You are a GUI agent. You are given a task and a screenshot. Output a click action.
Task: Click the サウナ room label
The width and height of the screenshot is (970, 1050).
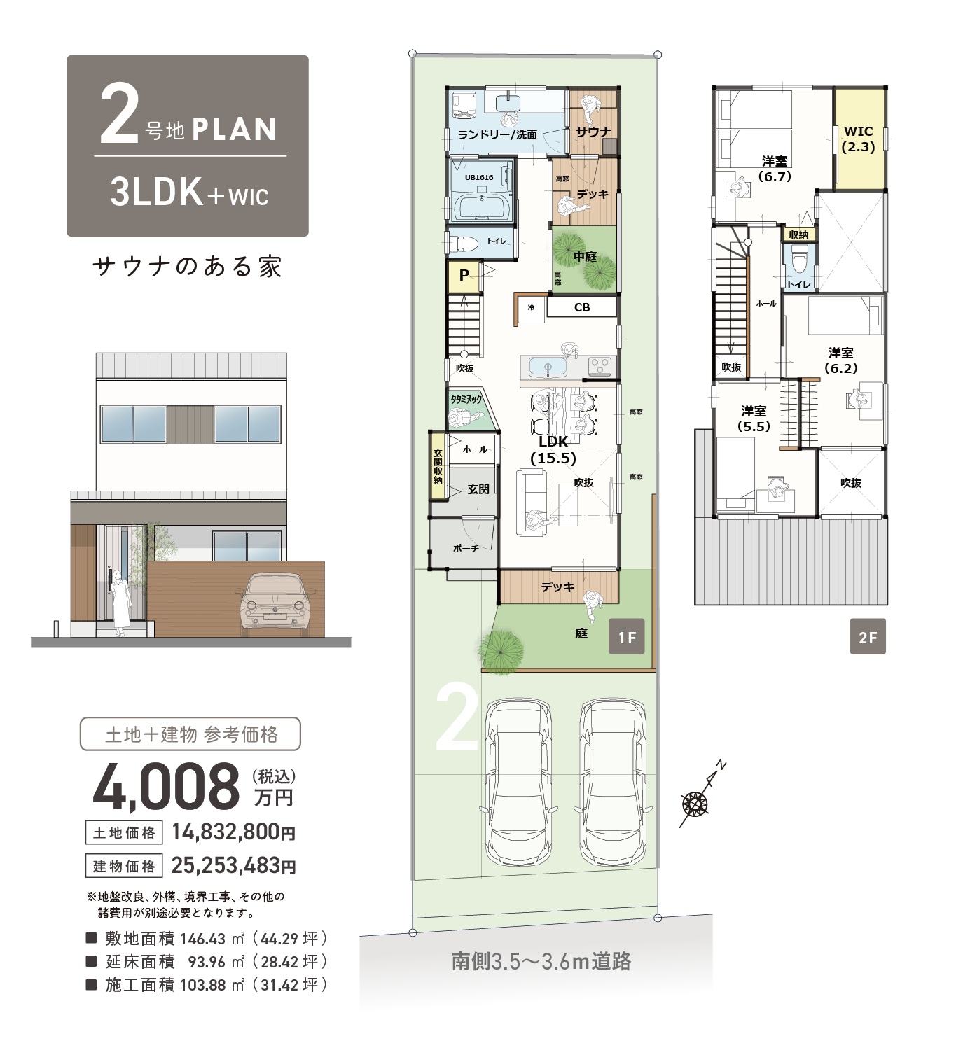593,132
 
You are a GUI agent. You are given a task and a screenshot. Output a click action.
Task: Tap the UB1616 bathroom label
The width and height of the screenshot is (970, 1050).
479,177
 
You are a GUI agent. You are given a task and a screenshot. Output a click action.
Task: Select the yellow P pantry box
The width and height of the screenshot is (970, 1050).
464,276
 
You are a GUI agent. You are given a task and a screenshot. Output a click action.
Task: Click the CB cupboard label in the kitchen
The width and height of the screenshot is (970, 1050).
581,308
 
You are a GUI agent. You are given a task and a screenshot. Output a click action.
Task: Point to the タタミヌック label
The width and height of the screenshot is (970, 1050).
466,400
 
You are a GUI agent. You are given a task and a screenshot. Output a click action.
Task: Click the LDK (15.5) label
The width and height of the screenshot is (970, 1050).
553,450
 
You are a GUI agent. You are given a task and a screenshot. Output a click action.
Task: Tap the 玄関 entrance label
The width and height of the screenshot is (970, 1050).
478,489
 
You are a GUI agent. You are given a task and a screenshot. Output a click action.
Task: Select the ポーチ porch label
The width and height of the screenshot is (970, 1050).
466,548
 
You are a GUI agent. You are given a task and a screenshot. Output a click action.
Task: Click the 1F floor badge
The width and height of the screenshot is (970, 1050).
626,636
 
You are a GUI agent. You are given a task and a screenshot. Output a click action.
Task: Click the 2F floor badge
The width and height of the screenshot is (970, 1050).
867,636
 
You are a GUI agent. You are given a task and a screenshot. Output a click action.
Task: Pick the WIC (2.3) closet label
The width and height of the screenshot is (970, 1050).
859,139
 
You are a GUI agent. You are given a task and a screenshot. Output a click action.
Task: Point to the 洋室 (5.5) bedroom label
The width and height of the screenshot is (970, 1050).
754,419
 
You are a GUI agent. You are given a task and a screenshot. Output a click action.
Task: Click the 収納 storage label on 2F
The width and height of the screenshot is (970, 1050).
798,234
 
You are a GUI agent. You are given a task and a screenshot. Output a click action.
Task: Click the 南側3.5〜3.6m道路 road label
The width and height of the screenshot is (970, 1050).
541,961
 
